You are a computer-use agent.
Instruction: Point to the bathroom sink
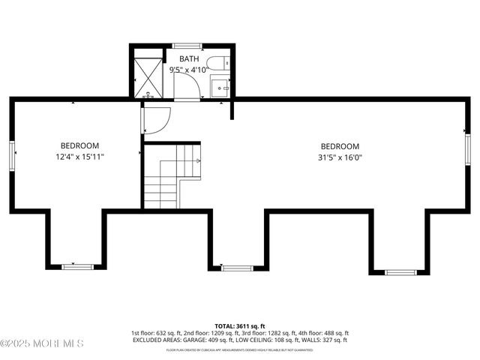[x=220, y=86]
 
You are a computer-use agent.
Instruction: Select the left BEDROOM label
[x=79, y=145]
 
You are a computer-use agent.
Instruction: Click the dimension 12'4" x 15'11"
[x=79, y=157]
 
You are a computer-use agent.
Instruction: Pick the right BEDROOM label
[x=340, y=146]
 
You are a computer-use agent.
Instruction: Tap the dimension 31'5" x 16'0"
[x=340, y=157]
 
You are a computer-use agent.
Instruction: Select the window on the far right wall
[x=466, y=147]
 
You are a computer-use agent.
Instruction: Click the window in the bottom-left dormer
[x=78, y=266]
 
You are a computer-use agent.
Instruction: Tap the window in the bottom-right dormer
[x=400, y=271]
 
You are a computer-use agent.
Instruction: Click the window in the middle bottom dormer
[x=237, y=267]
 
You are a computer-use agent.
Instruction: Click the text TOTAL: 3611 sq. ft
[x=240, y=325]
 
